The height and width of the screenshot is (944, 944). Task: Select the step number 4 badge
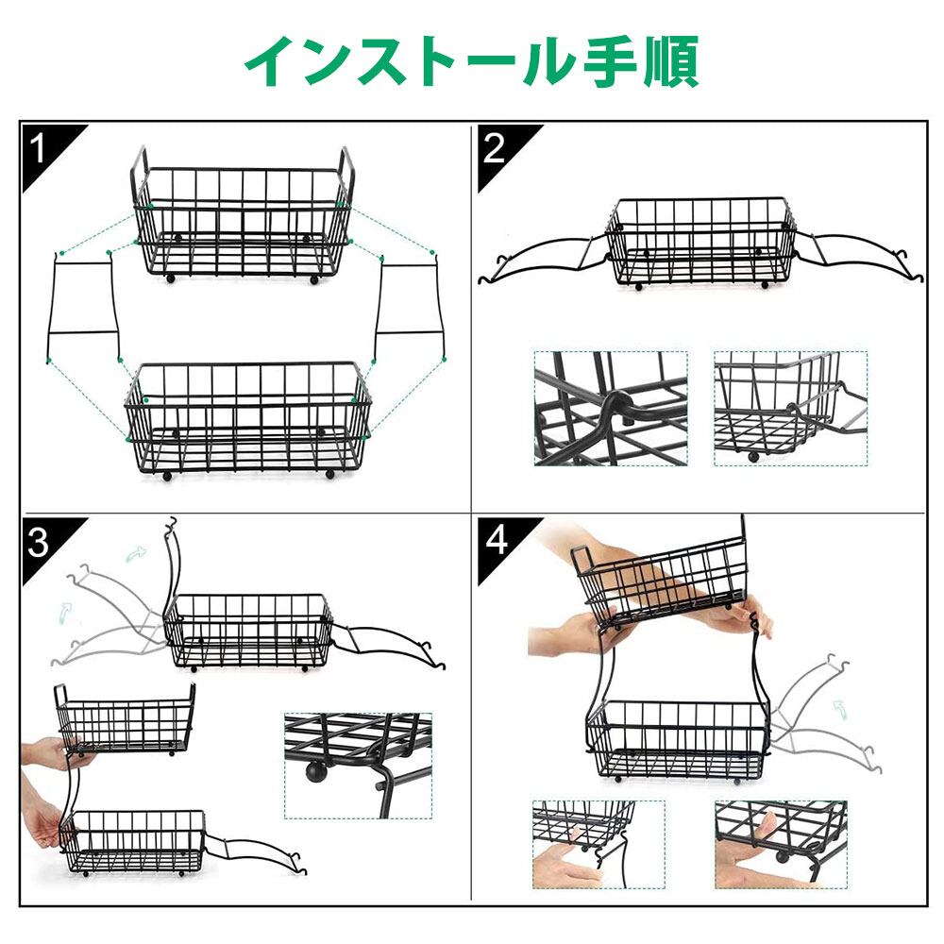[497, 540]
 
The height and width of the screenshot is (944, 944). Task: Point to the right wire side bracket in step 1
[410, 307]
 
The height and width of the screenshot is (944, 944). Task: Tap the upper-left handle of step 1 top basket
[140, 165]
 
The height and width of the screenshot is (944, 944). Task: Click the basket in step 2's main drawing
[700, 243]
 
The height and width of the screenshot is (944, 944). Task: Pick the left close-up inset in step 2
[611, 408]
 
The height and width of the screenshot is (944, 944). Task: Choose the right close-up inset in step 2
[790, 408]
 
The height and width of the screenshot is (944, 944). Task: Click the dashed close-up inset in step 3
[358, 766]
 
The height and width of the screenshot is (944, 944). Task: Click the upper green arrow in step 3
[136, 552]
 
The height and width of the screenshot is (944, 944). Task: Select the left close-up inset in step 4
[598, 844]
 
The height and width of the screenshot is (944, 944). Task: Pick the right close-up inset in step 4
[781, 844]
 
